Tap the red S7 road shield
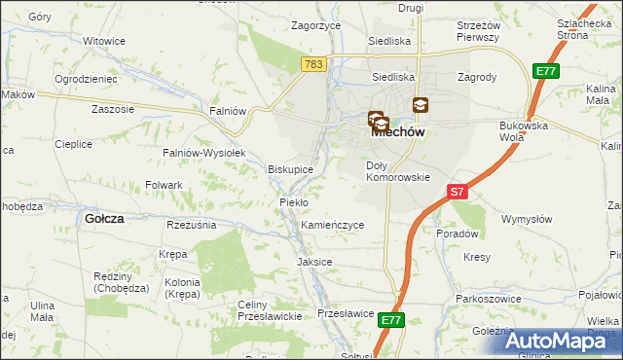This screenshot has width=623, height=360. click(x=458, y=193)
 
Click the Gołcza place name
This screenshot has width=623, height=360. click(x=104, y=219)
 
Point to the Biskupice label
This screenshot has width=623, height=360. click(x=290, y=169)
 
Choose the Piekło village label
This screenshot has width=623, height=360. click(x=294, y=202)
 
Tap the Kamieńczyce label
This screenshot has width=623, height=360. click(x=332, y=225)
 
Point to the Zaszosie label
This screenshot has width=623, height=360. click(x=112, y=109)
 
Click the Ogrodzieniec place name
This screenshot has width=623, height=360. click(x=87, y=78)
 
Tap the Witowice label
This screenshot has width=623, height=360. click(x=104, y=42)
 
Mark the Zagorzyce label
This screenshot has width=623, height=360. click(x=314, y=26)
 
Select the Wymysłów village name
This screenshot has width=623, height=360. click(x=527, y=219)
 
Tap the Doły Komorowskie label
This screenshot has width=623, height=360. click(x=397, y=171)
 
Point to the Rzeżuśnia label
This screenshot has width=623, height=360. click(x=191, y=225)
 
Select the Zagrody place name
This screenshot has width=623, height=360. click(x=477, y=76)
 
